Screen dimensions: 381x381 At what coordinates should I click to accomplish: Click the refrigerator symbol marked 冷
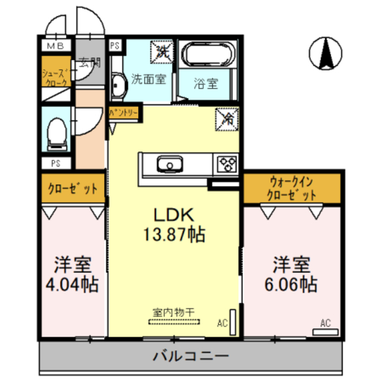pos(227,118)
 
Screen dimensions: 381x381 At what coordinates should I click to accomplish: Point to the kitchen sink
pos(170,164)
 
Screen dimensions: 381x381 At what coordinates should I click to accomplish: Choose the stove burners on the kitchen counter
pos(227,163)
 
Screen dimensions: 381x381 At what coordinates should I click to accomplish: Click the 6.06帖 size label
pos(291,284)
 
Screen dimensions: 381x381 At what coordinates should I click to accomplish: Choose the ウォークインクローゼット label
pos(292,188)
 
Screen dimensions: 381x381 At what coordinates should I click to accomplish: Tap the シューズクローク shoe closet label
pos(54,77)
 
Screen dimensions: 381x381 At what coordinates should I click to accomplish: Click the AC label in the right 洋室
pos(325,323)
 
